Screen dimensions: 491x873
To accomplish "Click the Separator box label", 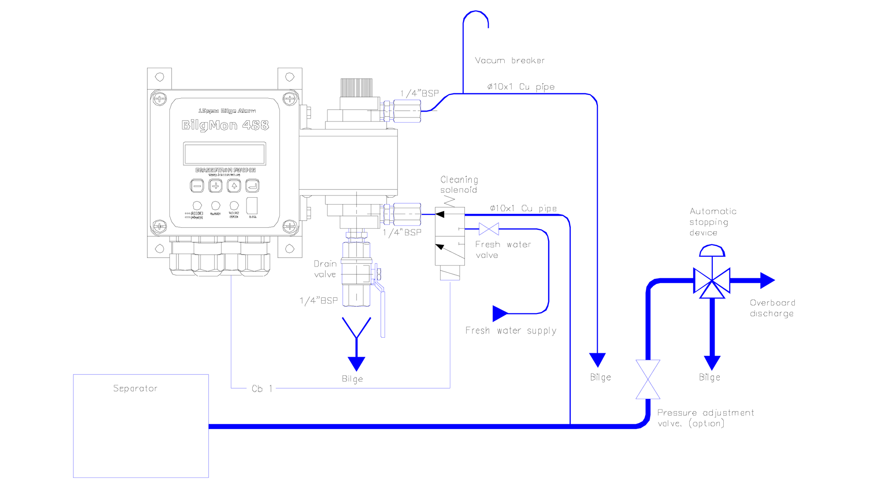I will tap(135, 388).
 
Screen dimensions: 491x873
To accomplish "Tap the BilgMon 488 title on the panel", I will tap(225, 125).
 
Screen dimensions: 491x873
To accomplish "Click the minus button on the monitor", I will tap(197, 186).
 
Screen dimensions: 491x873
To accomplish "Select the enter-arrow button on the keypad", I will tap(252, 186).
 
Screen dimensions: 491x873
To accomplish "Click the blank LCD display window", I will tap(224, 154).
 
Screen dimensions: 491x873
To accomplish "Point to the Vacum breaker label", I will tap(510, 60).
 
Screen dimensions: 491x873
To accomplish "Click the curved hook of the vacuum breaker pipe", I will tap(476, 16).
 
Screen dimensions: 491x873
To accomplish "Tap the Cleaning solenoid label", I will tap(459, 185).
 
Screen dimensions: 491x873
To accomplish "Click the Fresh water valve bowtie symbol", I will tap(489, 229).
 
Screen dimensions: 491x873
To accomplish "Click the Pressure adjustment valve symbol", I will tap(648, 379).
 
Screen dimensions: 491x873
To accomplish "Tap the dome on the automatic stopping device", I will tap(712, 251).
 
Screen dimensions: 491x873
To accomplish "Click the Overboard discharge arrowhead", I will tap(767, 280).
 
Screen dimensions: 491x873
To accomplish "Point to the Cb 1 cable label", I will tap(262, 388).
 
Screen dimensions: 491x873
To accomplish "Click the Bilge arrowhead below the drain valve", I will tap(357, 363).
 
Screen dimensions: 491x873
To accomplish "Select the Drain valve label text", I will tap(325, 269).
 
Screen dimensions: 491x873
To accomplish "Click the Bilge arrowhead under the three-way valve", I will tap(712, 362).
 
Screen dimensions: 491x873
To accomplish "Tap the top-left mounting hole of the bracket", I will tap(159, 77).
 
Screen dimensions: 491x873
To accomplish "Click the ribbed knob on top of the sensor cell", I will tap(356, 87).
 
